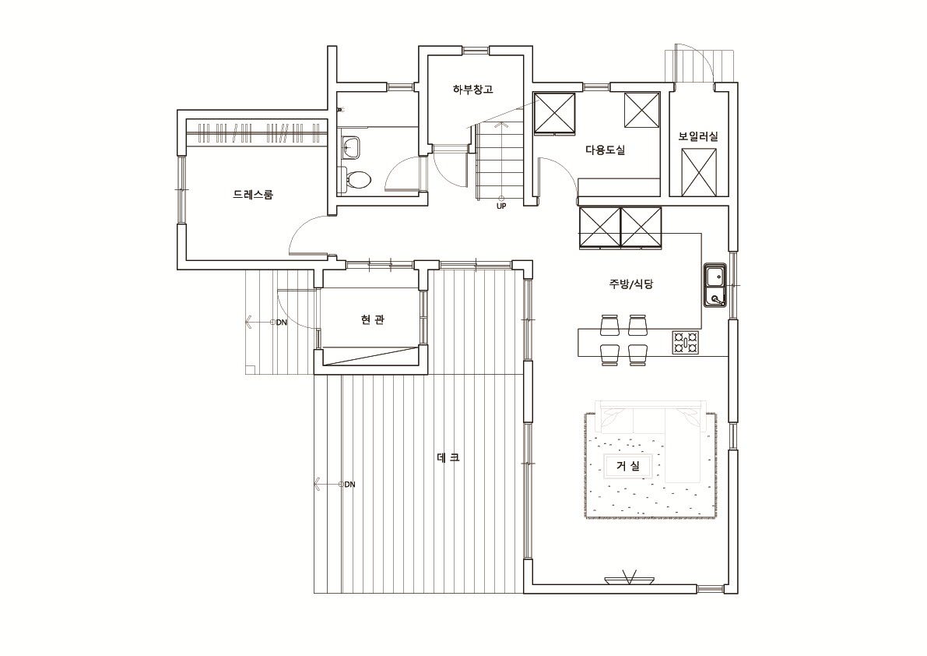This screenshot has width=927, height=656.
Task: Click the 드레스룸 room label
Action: point(253,194)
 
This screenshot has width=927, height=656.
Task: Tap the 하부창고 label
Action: point(472,90)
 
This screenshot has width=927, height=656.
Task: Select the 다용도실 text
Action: point(605,150)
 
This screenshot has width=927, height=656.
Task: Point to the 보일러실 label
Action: point(698,136)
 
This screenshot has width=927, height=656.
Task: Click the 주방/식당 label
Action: point(630,284)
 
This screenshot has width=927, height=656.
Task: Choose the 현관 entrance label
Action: point(373,320)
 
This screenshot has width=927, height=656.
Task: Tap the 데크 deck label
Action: point(448,457)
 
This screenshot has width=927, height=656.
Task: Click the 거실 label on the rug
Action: point(628,466)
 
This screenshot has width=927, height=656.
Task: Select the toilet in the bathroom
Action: point(355,178)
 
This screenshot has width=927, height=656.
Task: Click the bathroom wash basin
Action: point(350,146)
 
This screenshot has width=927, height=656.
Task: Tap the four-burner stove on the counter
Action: point(686,343)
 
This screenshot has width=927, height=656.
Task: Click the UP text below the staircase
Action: point(501,206)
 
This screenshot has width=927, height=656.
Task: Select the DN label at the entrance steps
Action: point(282,323)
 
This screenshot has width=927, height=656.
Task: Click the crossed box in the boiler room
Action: point(699,172)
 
